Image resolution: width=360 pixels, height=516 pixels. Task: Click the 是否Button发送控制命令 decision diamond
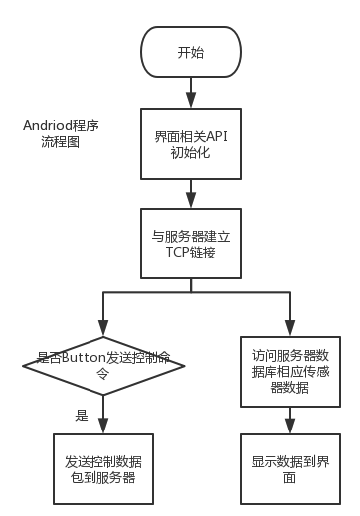(x=104, y=367)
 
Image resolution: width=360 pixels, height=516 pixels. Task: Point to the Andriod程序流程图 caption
(x=65, y=135)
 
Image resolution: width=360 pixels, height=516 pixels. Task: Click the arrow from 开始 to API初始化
(x=190, y=95)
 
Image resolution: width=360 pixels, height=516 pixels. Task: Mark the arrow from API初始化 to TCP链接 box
(x=190, y=192)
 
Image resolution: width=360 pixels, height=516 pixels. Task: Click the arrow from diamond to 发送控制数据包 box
(x=104, y=418)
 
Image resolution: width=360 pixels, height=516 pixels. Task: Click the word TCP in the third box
(x=172, y=254)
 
